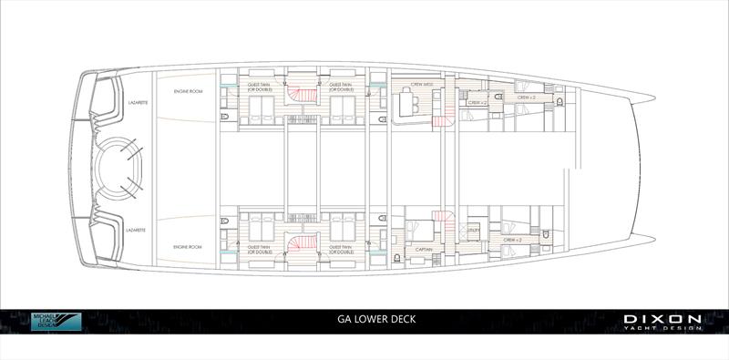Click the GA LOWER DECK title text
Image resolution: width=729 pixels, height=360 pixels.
[x=364, y=321]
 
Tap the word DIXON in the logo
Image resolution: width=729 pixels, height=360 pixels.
[x=663, y=318]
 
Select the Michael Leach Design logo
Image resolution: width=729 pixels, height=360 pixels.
[x=56, y=322]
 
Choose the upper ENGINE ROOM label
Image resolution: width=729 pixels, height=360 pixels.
[x=188, y=93]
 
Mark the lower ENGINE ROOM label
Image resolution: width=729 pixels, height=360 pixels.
[x=188, y=247]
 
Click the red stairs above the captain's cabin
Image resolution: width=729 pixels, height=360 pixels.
[x=442, y=219]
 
